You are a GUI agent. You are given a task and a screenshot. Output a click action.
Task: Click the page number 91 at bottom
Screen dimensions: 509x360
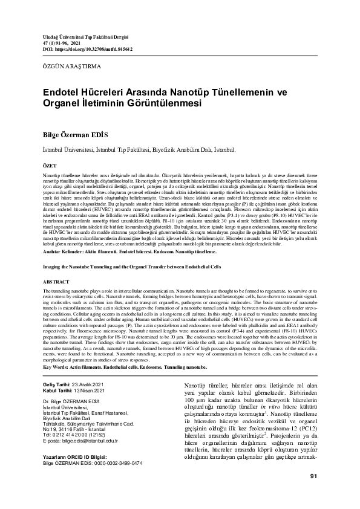click(313, 493)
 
